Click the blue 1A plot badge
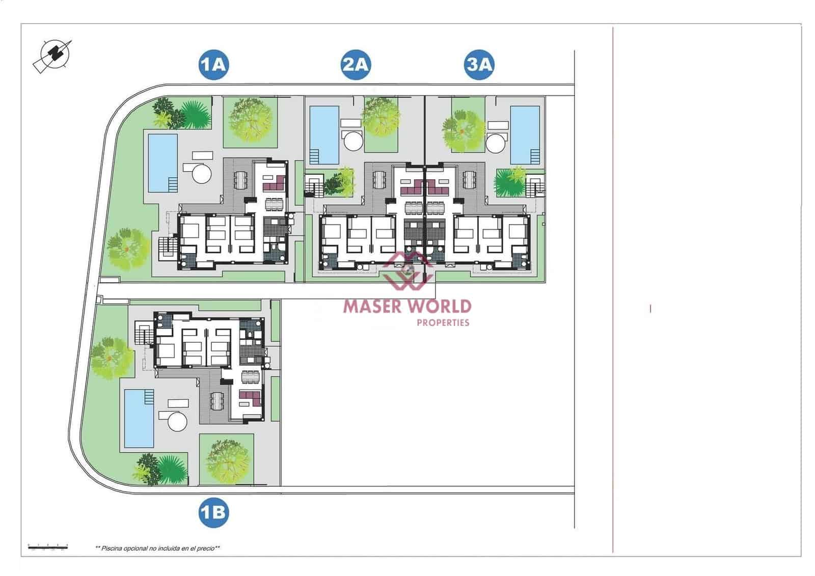[x=213, y=65]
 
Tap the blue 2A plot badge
[x=356, y=65]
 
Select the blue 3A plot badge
[x=479, y=65]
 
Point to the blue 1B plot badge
[x=213, y=511]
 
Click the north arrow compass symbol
[x=53, y=55]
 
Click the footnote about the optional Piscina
[x=157, y=548]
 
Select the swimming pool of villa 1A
[x=162, y=162]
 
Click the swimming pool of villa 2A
[x=324, y=134]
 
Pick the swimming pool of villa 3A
[x=525, y=134]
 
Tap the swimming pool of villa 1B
[x=139, y=418]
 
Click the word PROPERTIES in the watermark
[x=443, y=322]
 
